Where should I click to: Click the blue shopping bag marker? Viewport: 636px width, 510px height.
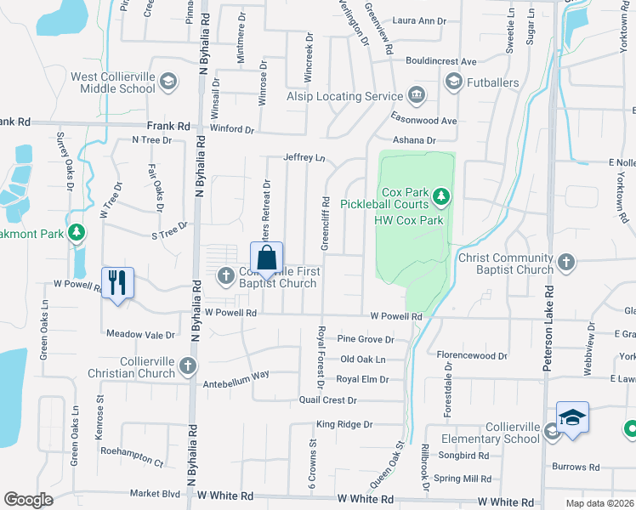(x=267, y=258)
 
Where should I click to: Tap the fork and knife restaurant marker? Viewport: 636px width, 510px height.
(x=118, y=281)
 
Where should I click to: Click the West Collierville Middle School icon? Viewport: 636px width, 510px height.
(x=168, y=82)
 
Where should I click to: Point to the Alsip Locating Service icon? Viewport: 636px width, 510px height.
(x=417, y=95)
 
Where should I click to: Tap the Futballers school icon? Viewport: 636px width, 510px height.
(x=452, y=82)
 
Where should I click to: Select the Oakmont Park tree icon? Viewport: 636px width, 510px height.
(x=77, y=232)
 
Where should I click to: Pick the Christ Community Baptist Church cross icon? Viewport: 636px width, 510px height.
(x=567, y=263)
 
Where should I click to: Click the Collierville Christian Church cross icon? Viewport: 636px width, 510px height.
(x=188, y=366)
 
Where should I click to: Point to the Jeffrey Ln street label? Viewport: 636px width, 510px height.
(x=304, y=157)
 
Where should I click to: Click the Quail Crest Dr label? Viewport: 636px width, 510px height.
(x=327, y=399)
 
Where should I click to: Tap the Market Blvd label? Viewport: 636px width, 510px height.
(x=155, y=493)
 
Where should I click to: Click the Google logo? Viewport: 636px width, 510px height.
(x=28, y=499)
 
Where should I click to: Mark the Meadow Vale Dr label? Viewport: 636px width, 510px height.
(x=140, y=334)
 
